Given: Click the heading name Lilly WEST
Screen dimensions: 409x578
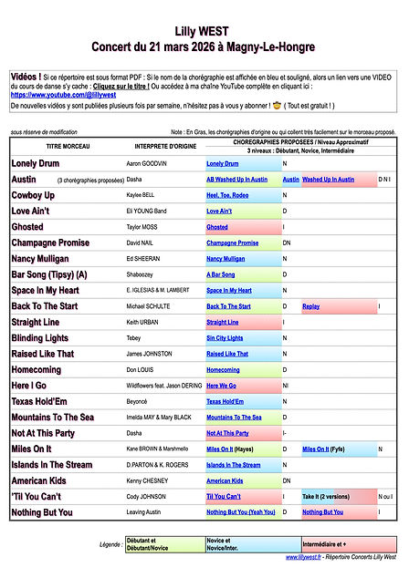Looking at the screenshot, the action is (x=204, y=30).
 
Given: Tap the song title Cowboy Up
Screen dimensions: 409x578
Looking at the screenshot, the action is (x=33, y=195).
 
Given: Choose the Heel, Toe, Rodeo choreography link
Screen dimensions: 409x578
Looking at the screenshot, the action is (x=228, y=195).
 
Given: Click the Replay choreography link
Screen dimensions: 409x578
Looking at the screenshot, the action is (x=310, y=306).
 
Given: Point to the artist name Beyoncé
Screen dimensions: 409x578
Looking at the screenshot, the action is (x=138, y=401).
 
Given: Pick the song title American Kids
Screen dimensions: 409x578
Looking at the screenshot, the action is (x=38, y=480).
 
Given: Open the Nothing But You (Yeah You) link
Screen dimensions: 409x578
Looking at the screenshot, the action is (x=240, y=511).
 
